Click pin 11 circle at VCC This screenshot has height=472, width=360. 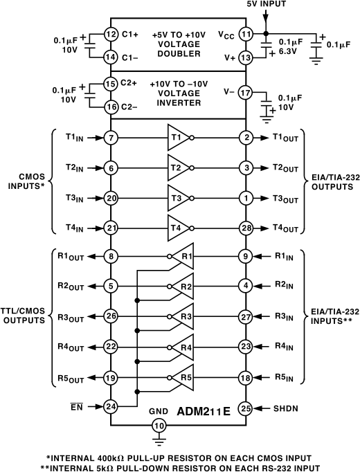tap(244, 33)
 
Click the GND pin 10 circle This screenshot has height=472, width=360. tap(160, 425)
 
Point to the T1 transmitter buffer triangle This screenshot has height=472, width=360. tap(178, 138)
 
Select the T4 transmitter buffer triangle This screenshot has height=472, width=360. tap(178, 226)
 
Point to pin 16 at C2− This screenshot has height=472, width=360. tap(110, 107)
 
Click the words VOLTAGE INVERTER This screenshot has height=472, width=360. tap(179, 98)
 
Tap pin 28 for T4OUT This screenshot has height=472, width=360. tap(244, 226)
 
